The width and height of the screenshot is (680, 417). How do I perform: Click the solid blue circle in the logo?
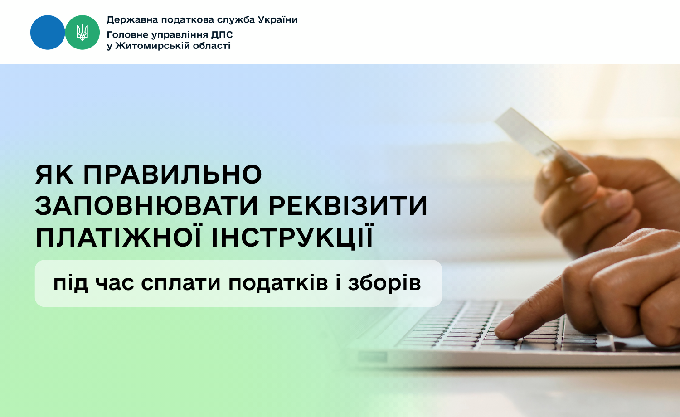tap(48, 33)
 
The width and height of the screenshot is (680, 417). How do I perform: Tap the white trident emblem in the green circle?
tap(82, 33)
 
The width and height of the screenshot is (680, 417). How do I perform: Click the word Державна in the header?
tap(132, 20)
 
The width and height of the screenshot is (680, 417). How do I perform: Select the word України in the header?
tap(277, 19)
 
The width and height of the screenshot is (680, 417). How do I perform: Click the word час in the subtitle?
tap(114, 283)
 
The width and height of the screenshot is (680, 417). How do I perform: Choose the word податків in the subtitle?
tap(278, 283)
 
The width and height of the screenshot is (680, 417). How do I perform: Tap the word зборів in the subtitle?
tap(384, 283)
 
